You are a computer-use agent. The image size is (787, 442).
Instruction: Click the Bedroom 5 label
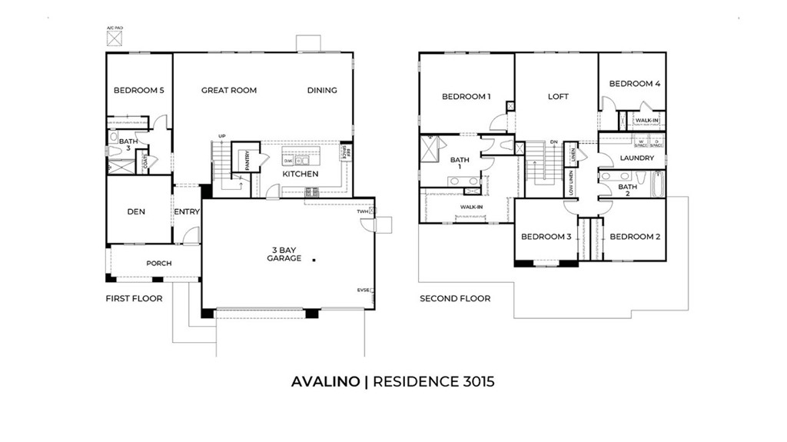coord(139,90)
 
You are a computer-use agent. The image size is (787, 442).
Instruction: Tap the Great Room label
coord(229,90)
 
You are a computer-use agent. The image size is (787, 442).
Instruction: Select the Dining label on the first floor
coord(322,90)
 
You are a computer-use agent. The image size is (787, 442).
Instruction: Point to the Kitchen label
coord(300,174)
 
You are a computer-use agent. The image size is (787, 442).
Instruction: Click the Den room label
coord(136,211)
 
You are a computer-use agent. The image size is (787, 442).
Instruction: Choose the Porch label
coord(159,264)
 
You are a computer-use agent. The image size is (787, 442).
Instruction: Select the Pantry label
coord(248,160)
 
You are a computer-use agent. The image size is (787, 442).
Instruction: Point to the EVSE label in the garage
coord(362,290)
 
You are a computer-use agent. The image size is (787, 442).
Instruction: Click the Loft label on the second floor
coord(558,97)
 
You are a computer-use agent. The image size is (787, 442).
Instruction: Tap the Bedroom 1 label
coord(466,97)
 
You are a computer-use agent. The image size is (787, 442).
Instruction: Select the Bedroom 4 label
coord(635,84)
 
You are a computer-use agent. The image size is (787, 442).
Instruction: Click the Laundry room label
coord(637,158)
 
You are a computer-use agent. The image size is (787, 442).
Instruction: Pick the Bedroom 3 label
coord(546,237)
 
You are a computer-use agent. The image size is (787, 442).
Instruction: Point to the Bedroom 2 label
coord(635,237)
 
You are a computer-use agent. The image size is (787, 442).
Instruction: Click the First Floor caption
coord(134,298)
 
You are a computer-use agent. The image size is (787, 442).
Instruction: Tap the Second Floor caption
coord(455,298)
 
